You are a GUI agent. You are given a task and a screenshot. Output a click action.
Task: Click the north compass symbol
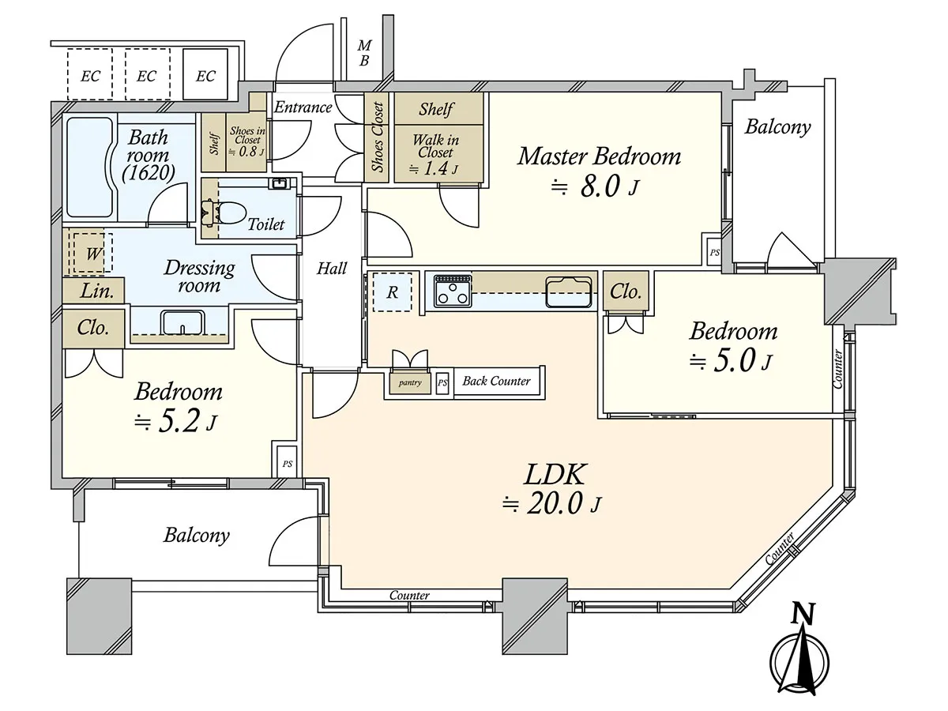799,657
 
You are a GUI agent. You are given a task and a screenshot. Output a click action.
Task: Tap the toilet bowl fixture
224,213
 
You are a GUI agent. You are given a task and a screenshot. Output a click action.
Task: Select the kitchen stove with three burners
453,291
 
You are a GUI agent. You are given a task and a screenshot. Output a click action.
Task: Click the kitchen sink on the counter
569,292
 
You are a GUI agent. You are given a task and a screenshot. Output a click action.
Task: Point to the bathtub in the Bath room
90,167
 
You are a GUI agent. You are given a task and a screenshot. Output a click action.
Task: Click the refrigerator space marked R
392,292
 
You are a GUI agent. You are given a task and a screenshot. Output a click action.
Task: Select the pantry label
410,382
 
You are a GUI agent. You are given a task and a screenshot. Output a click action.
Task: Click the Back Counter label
496,381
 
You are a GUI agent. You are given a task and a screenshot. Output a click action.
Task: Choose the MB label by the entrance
364,53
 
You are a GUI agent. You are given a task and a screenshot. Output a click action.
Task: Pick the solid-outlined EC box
205,74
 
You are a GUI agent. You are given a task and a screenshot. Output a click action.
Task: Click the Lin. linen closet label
96,292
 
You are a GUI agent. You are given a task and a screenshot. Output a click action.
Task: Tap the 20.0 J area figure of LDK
551,503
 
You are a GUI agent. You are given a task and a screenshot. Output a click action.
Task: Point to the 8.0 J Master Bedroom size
595,186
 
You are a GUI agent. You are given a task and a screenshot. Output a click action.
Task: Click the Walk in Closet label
435,146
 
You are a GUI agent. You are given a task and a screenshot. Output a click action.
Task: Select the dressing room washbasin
182,322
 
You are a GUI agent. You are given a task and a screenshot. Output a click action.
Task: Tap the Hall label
332,269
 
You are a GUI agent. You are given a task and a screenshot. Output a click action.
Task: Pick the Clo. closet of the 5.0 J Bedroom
626,292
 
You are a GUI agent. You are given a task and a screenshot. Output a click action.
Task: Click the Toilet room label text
266,224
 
